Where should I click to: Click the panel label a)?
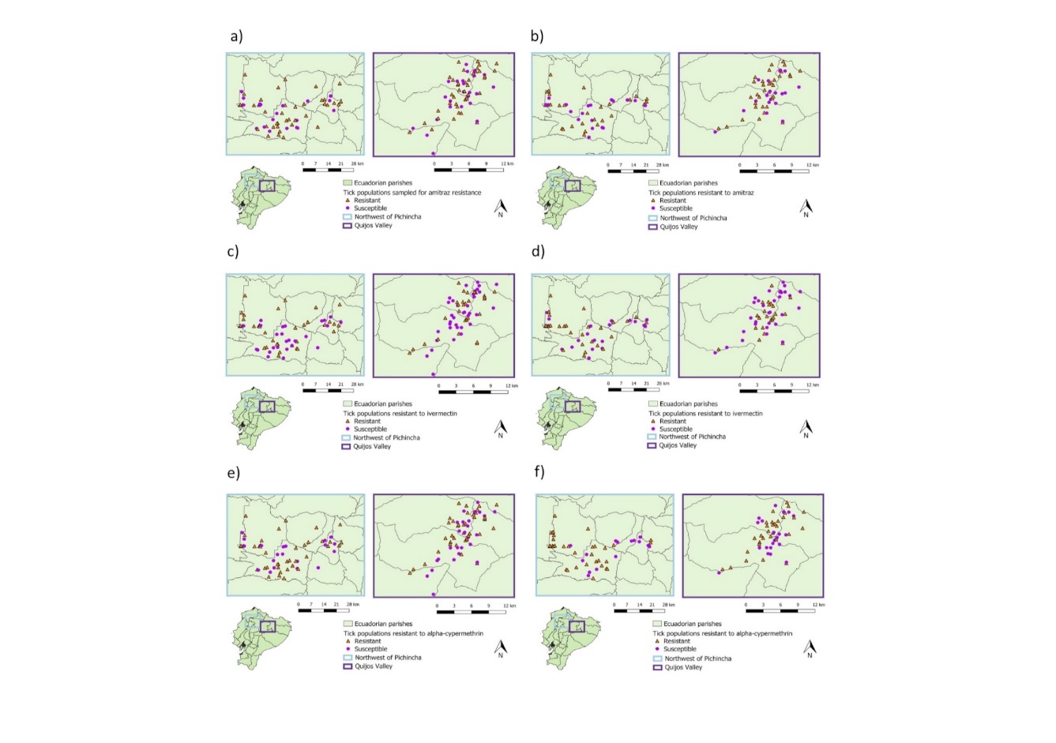coord(235,36)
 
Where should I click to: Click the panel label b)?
coord(537,36)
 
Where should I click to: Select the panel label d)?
coord(538,252)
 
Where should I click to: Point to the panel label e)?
coord(233,473)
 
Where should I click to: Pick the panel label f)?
coord(539,473)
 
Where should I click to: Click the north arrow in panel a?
coord(500,208)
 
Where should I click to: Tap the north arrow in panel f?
coord(810,649)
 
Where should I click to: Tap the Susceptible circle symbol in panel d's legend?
coord(652,429)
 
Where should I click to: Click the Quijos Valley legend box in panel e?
coord(347,666)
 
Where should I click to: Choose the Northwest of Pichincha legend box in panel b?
coord(652,218)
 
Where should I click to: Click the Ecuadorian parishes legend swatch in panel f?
coord(657,624)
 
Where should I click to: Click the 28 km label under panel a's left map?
coord(357,163)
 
